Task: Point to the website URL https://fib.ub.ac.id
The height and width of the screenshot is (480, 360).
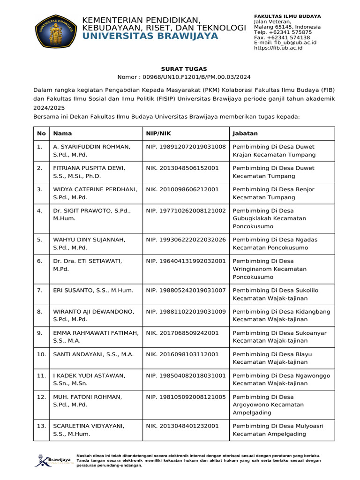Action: tap(278, 48)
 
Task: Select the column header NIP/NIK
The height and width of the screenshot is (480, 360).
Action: tap(159, 134)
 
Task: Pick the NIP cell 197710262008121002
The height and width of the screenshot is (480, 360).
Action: tap(186, 211)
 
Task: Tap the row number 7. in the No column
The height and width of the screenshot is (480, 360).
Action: tap(41, 291)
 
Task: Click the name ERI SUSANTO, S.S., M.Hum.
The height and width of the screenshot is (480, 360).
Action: tap(90, 291)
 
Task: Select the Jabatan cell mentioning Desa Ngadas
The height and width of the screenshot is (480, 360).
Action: tap(274, 244)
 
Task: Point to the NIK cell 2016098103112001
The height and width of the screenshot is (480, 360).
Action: tap(182, 354)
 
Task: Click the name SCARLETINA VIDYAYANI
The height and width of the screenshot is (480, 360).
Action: tap(89, 426)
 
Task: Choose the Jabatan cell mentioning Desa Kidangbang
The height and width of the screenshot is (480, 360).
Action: tap(281, 315)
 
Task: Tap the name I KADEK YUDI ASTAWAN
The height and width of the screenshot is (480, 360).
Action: tap(89, 375)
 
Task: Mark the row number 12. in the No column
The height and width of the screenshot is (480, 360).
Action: tap(41, 397)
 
